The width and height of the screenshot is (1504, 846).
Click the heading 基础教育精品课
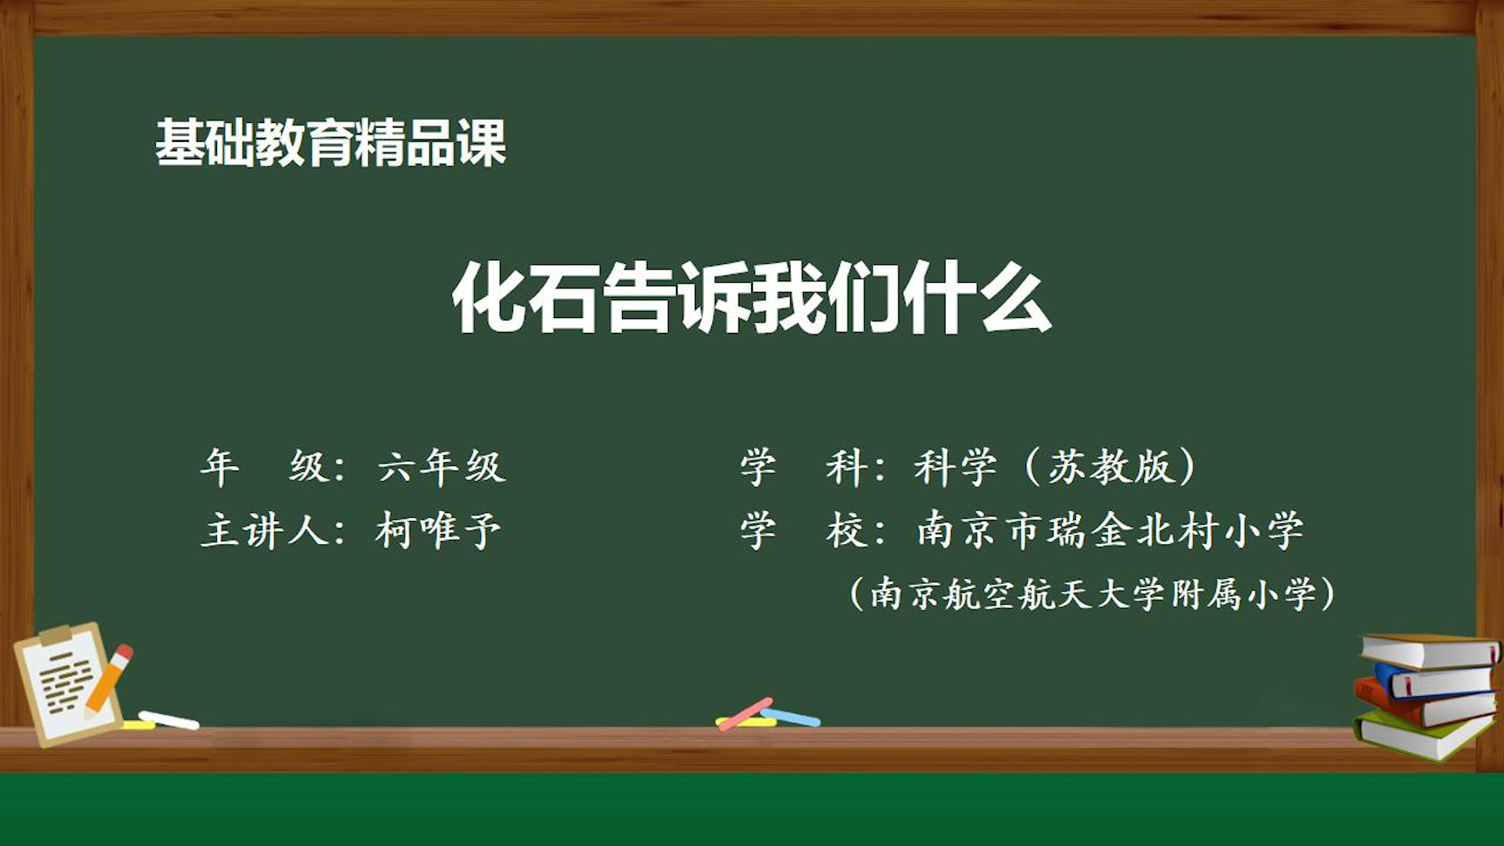coord(331,143)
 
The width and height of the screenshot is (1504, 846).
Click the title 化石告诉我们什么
coord(752,298)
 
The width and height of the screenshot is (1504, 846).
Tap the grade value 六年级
coord(442,468)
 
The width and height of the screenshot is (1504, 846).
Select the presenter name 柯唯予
coord(438,531)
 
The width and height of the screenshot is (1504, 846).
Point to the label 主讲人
coord(265,531)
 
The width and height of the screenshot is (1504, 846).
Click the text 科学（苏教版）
coord(1056,468)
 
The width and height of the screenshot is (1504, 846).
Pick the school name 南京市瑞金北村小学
coord(1110,531)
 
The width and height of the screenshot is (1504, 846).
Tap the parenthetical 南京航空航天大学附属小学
coord(1093,594)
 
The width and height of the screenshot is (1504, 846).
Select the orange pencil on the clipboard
coord(108,680)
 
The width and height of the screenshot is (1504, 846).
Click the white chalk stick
coord(169,720)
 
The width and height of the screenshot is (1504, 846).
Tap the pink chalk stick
coord(746,714)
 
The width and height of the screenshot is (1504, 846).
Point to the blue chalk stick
coord(791,717)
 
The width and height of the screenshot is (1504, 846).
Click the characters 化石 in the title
coord(526,298)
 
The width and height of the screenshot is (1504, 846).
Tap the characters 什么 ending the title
coord(977,298)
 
